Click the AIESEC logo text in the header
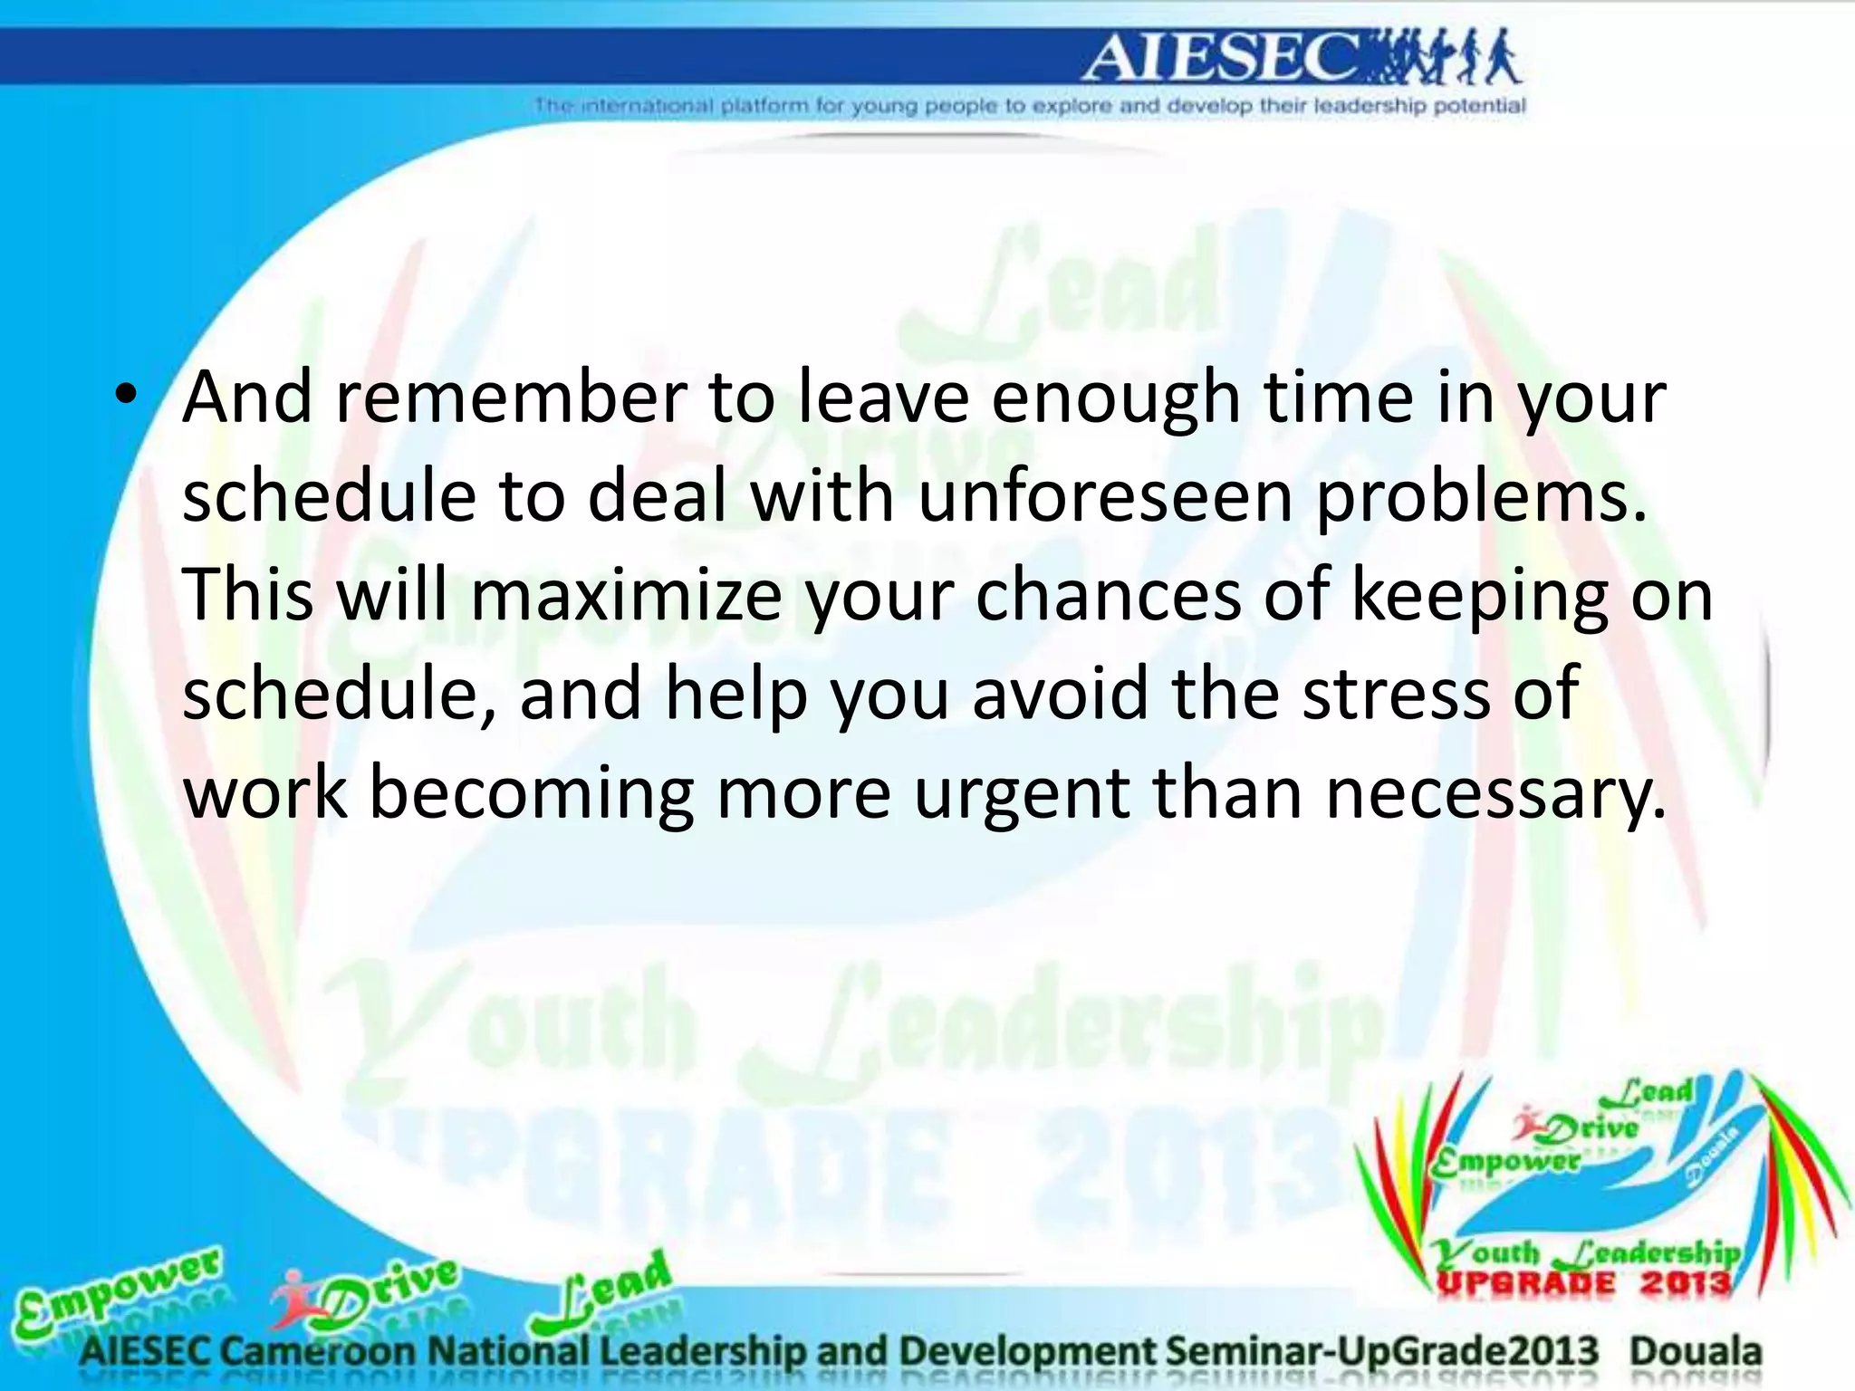pyautogui.click(x=1218, y=58)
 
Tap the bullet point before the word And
pyautogui.click(x=127, y=396)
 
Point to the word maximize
pyautogui.click(x=626, y=595)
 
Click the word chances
pyautogui.click(x=1108, y=595)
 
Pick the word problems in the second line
pyautogui.click(x=1480, y=498)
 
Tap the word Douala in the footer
pyautogui.click(x=1696, y=1351)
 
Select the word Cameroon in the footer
pyautogui.click(x=318, y=1351)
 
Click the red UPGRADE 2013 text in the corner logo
pyautogui.click(x=1583, y=1282)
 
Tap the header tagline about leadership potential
pyautogui.click(x=1029, y=106)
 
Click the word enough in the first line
pyautogui.click(x=1116, y=399)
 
